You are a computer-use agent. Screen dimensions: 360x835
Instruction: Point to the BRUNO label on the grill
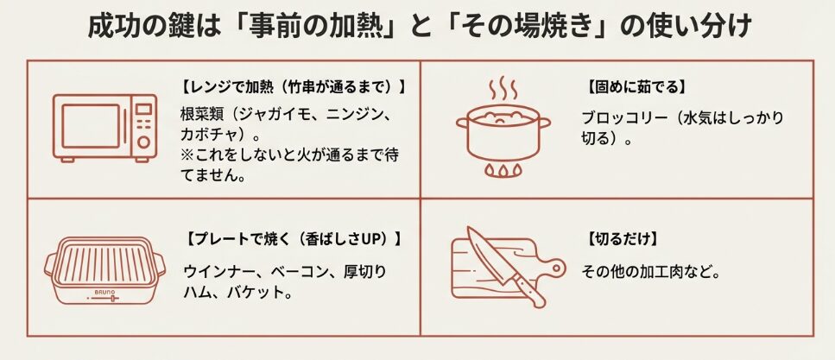coord(104,294)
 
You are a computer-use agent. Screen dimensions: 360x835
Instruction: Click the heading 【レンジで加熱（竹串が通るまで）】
coord(293,87)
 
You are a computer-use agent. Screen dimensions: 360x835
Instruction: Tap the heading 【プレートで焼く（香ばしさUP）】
coord(293,238)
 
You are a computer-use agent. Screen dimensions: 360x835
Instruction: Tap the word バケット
coord(256,293)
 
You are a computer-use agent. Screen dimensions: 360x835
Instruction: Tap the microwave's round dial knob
coord(143,142)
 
